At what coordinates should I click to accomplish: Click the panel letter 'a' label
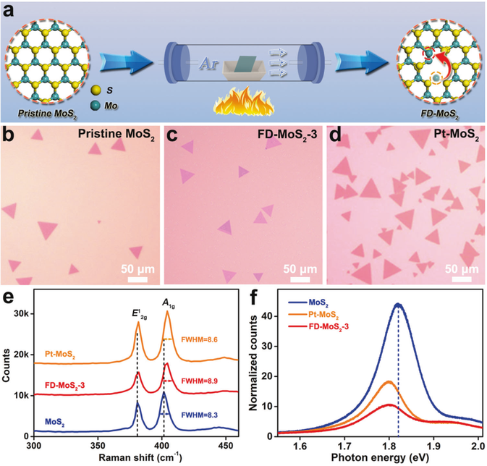click(x=11, y=9)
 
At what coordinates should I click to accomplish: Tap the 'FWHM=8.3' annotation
click(x=208, y=414)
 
